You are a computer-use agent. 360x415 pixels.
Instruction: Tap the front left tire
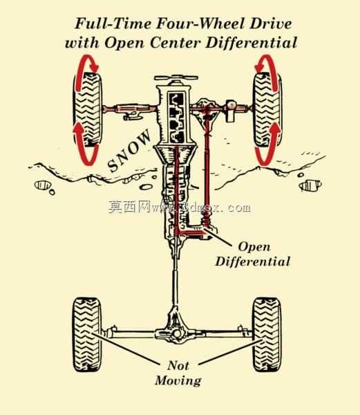88,109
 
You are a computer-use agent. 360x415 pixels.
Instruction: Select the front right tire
267,109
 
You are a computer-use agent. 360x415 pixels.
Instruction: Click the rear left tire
87,334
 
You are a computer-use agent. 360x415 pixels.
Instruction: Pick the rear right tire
267,334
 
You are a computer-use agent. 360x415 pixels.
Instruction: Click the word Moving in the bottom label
178,380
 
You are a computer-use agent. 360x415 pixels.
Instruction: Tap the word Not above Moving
178,365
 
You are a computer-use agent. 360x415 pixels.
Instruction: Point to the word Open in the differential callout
254,247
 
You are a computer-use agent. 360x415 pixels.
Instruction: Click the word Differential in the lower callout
253,261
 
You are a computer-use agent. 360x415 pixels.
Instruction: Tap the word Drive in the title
271,24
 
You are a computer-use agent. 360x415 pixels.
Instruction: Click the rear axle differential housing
176,333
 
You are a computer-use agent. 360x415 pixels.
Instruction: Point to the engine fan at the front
176,77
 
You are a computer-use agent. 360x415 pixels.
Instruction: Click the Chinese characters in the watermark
129,207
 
